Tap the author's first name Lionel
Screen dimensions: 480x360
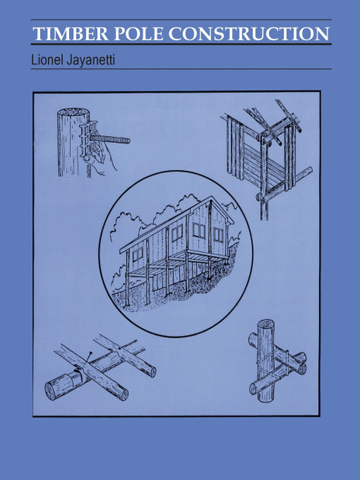[50, 58]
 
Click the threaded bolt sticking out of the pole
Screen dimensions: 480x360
[114, 140]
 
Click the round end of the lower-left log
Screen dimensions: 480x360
[54, 389]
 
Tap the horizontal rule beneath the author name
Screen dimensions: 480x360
[180, 69]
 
